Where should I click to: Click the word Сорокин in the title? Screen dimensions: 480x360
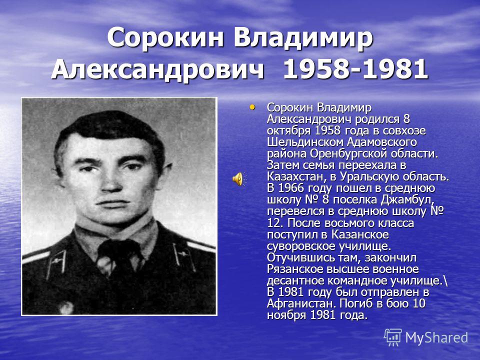click(165, 37)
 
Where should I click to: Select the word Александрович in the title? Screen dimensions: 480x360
click(157, 69)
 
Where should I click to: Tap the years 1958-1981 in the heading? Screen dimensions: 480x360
click(355, 69)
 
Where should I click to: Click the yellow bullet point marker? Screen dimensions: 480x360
click(252, 107)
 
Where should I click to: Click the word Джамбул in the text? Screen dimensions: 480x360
click(407, 200)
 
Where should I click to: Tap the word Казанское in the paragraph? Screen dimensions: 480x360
click(360, 235)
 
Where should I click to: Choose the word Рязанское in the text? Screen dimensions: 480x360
click(295, 269)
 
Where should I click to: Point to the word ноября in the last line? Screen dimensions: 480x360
click(286, 315)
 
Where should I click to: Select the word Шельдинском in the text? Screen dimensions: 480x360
click(305, 142)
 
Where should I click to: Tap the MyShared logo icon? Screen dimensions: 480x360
click(393, 337)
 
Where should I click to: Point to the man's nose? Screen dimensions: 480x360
click(110, 180)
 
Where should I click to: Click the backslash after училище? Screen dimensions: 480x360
click(445, 281)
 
